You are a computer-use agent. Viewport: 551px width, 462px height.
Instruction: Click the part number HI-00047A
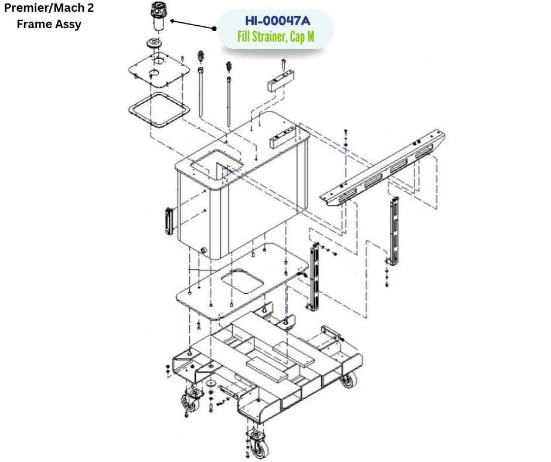[278, 21]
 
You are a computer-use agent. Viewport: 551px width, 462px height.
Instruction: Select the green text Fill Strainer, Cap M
[276, 36]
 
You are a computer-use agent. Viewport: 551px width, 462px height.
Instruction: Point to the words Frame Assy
[49, 24]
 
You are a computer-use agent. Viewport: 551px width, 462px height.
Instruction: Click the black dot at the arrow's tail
[215, 28]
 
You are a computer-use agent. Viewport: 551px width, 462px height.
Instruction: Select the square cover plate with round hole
[159, 70]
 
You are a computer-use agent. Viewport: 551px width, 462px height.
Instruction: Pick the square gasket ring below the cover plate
[159, 110]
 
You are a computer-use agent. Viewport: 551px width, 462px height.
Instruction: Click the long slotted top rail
[382, 168]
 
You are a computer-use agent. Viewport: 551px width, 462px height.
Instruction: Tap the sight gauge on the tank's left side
[169, 221]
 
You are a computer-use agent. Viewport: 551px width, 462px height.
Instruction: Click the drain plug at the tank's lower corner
[203, 250]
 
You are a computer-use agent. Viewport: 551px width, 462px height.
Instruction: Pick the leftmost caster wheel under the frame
[190, 403]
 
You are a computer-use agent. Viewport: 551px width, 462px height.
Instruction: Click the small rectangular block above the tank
[281, 81]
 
